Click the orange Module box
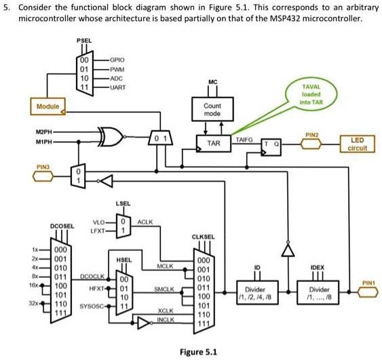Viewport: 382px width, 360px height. pyautogui.click(x=47, y=106)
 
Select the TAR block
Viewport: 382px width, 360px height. pyautogui.click(x=214, y=144)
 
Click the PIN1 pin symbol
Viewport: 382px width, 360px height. pyautogui.click(x=368, y=292)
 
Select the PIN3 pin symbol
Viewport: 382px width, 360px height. pyautogui.click(x=44, y=178)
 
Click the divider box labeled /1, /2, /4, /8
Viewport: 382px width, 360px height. pyautogui.click(x=256, y=292)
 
